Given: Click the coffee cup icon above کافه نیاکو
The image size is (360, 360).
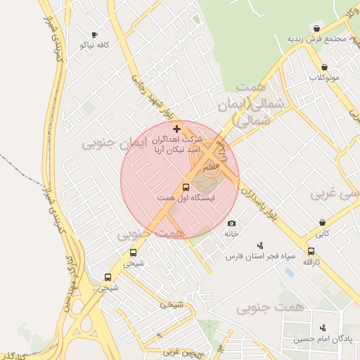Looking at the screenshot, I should (94, 34).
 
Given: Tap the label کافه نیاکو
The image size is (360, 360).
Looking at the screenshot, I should (94, 45).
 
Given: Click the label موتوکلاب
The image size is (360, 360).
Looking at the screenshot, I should (324, 77).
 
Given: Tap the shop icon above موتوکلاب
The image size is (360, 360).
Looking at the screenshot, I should (324, 67).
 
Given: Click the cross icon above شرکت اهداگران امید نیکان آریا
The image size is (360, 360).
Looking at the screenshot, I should (176, 129).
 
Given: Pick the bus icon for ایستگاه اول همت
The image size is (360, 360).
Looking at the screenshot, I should (186, 188).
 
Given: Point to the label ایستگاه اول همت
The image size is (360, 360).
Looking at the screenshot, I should (186, 199).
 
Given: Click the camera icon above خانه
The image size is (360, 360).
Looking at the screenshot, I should (231, 223).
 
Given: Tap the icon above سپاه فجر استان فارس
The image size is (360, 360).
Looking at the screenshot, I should (260, 245).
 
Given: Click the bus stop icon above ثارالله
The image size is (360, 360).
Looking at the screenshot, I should (311, 251).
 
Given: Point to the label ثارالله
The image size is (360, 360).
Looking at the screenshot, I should (311, 262).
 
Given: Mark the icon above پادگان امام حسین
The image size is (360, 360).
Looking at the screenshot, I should (323, 328).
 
